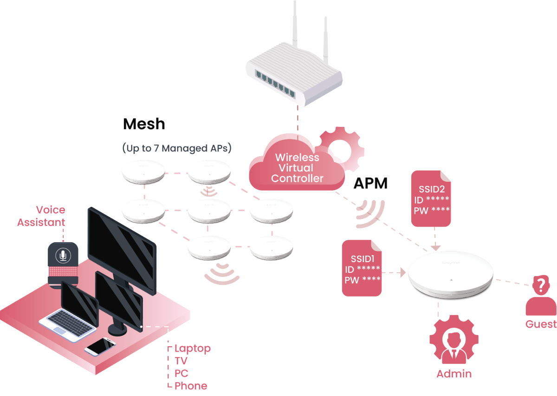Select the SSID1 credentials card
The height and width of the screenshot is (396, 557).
(x=362, y=269)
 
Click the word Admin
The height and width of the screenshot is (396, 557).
(x=454, y=374)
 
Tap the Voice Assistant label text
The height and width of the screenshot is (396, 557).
(x=41, y=216)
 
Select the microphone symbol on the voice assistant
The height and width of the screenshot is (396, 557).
(x=62, y=255)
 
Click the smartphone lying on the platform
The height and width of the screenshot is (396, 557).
(x=100, y=346)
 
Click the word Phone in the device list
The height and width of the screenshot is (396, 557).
(x=191, y=386)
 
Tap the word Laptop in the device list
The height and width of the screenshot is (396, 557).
(x=193, y=348)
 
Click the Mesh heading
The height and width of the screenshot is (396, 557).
(x=144, y=124)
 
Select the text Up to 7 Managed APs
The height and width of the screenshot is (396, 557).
(x=177, y=148)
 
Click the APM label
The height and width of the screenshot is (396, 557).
(x=370, y=184)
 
